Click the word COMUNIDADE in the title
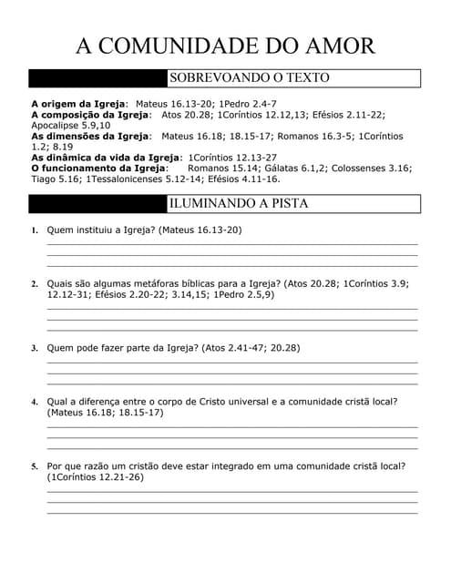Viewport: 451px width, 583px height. [181, 46]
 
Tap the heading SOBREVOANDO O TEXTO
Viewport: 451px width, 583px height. [249, 78]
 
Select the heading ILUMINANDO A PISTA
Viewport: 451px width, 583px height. [239, 203]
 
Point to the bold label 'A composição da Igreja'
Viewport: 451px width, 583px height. [90, 115]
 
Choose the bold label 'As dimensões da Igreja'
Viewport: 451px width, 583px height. [90, 136]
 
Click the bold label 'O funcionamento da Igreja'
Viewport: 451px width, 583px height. [99, 168]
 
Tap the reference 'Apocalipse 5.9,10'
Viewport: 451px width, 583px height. [71, 125]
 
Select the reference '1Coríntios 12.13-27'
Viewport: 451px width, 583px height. [232, 158]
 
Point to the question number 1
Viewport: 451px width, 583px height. [35, 230]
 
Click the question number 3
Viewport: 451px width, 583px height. [35, 348]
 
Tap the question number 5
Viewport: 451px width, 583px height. [35, 466]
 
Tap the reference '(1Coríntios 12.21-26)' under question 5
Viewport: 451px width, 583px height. [95, 476]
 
